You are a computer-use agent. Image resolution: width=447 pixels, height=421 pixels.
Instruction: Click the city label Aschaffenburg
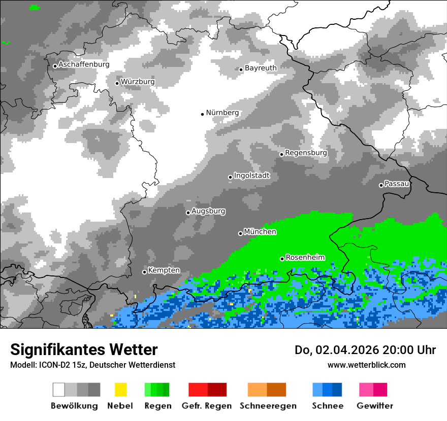tap(84, 64)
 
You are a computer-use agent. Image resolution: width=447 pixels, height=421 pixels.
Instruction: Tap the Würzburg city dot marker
tap(117, 83)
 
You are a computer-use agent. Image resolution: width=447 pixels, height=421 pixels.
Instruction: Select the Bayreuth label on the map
tap(261, 68)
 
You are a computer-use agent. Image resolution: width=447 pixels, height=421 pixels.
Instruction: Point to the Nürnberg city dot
tap(202, 114)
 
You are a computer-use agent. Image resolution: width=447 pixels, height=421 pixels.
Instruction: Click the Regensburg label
tap(306, 153)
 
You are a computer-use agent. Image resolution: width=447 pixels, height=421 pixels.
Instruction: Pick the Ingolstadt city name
tap(251, 176)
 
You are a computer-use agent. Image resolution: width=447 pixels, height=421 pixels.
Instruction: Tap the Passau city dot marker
tap(381, 185)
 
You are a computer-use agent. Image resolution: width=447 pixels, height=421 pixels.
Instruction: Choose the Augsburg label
tap(208, 211)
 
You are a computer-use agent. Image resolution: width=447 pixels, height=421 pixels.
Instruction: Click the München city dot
tap(240, 233)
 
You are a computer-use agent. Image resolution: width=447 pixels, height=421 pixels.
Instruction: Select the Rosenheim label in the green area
tap(305, 257)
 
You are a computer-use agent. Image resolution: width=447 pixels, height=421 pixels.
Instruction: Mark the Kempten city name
tap(164, 270)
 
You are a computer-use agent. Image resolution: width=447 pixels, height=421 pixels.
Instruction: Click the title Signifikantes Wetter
tap(84, 349)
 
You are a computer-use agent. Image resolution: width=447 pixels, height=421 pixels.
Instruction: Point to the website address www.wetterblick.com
tap(366, 365)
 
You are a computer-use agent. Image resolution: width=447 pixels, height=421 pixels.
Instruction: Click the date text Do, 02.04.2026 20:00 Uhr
tap(365, 350)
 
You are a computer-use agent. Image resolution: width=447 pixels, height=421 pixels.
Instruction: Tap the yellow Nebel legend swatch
tap(120, 390)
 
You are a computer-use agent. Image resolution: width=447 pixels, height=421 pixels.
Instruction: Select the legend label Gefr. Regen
tap(207, 406)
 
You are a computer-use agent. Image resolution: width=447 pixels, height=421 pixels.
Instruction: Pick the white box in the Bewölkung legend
tap(59, 390)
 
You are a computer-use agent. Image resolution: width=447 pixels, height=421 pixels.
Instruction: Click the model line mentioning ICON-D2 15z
tap(92, 365)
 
